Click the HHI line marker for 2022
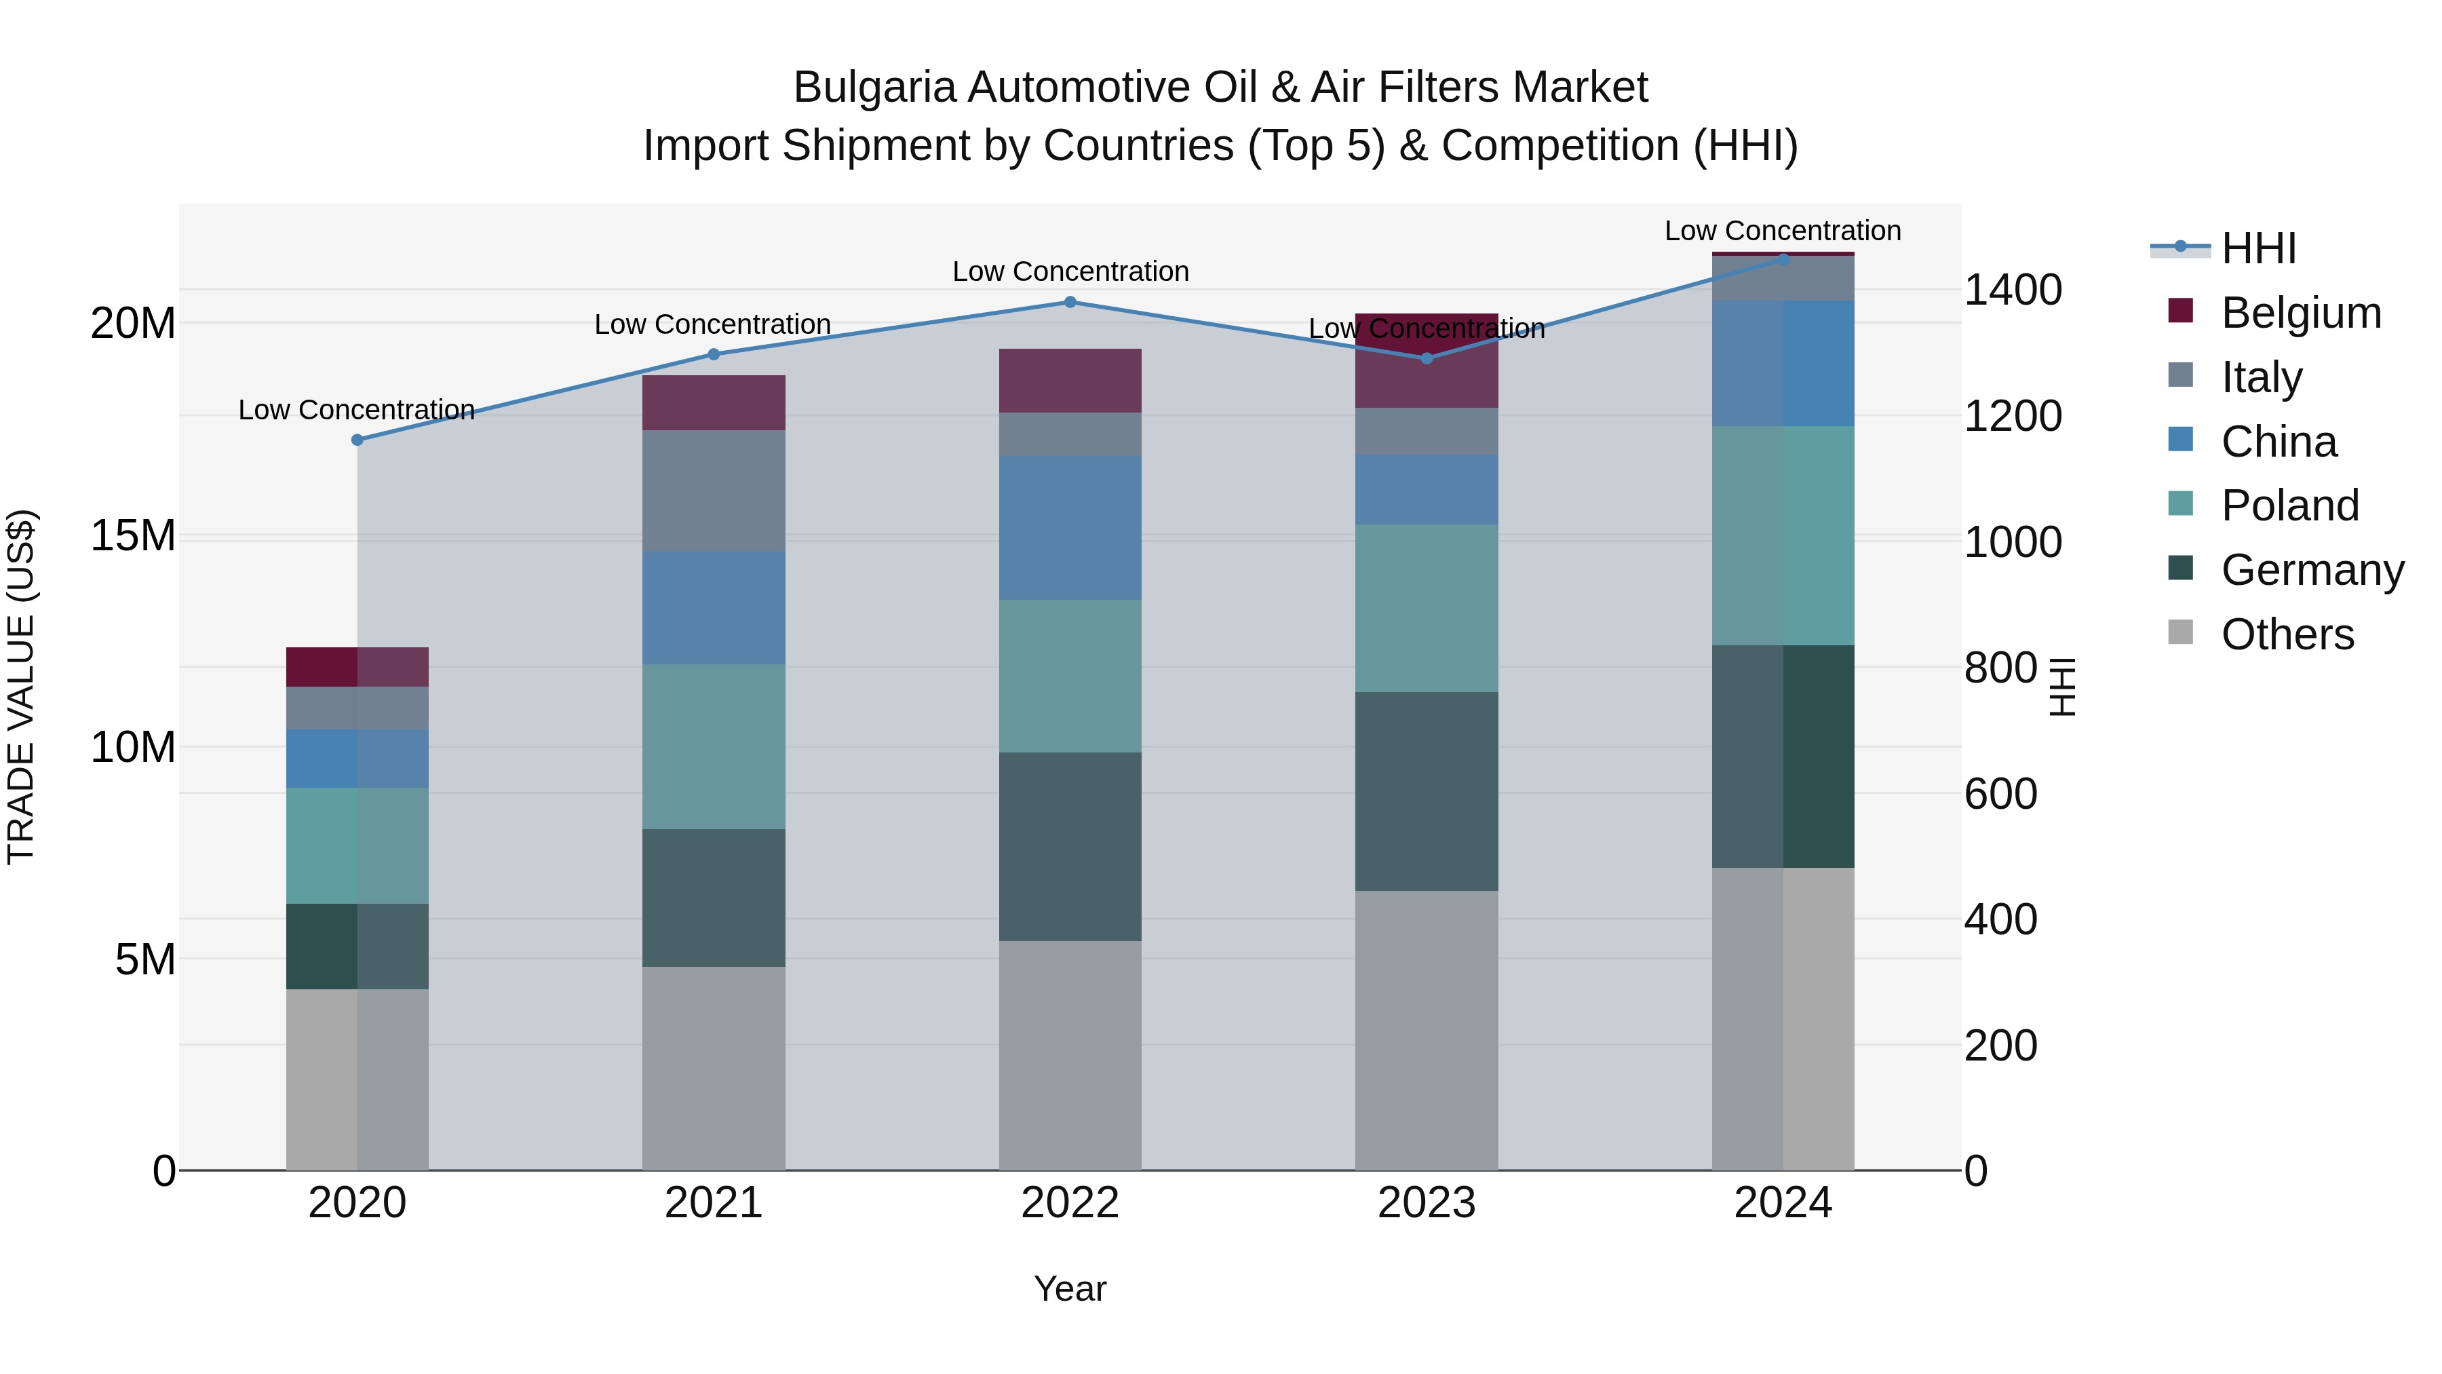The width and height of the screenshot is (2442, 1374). tap(1070, 301)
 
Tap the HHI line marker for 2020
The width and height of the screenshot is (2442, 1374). tap(357, 440)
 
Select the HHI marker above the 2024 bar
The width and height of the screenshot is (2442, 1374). tap(1783, 259)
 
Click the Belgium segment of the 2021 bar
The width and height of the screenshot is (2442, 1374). tap(714, 403)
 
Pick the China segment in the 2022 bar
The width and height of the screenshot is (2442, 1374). tap(1070, 528)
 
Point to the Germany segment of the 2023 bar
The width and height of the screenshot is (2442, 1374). tap(1427, 791)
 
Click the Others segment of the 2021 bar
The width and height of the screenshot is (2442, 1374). tap(714, 1068)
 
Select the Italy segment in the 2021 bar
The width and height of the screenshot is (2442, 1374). tap(714, 491)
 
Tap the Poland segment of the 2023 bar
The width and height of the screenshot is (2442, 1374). tap(1427, 608)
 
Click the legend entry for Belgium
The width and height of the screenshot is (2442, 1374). tap(2301, 313)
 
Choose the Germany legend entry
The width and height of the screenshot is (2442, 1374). tap(2312, 570)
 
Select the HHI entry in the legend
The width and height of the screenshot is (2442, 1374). tap(2258, 248)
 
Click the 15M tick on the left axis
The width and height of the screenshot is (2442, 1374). tap(133, 536)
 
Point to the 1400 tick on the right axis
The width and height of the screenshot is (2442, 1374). tap(2012, 290)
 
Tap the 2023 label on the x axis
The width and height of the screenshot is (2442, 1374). tap(1427, 1203)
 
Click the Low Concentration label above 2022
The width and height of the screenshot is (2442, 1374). tap(1070, 272)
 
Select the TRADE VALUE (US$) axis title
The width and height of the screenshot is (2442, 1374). tap(21, 687)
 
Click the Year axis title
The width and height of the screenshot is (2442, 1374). tap(1070, 1289)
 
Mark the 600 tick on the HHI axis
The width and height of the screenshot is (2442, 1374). tap(2000, 794)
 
